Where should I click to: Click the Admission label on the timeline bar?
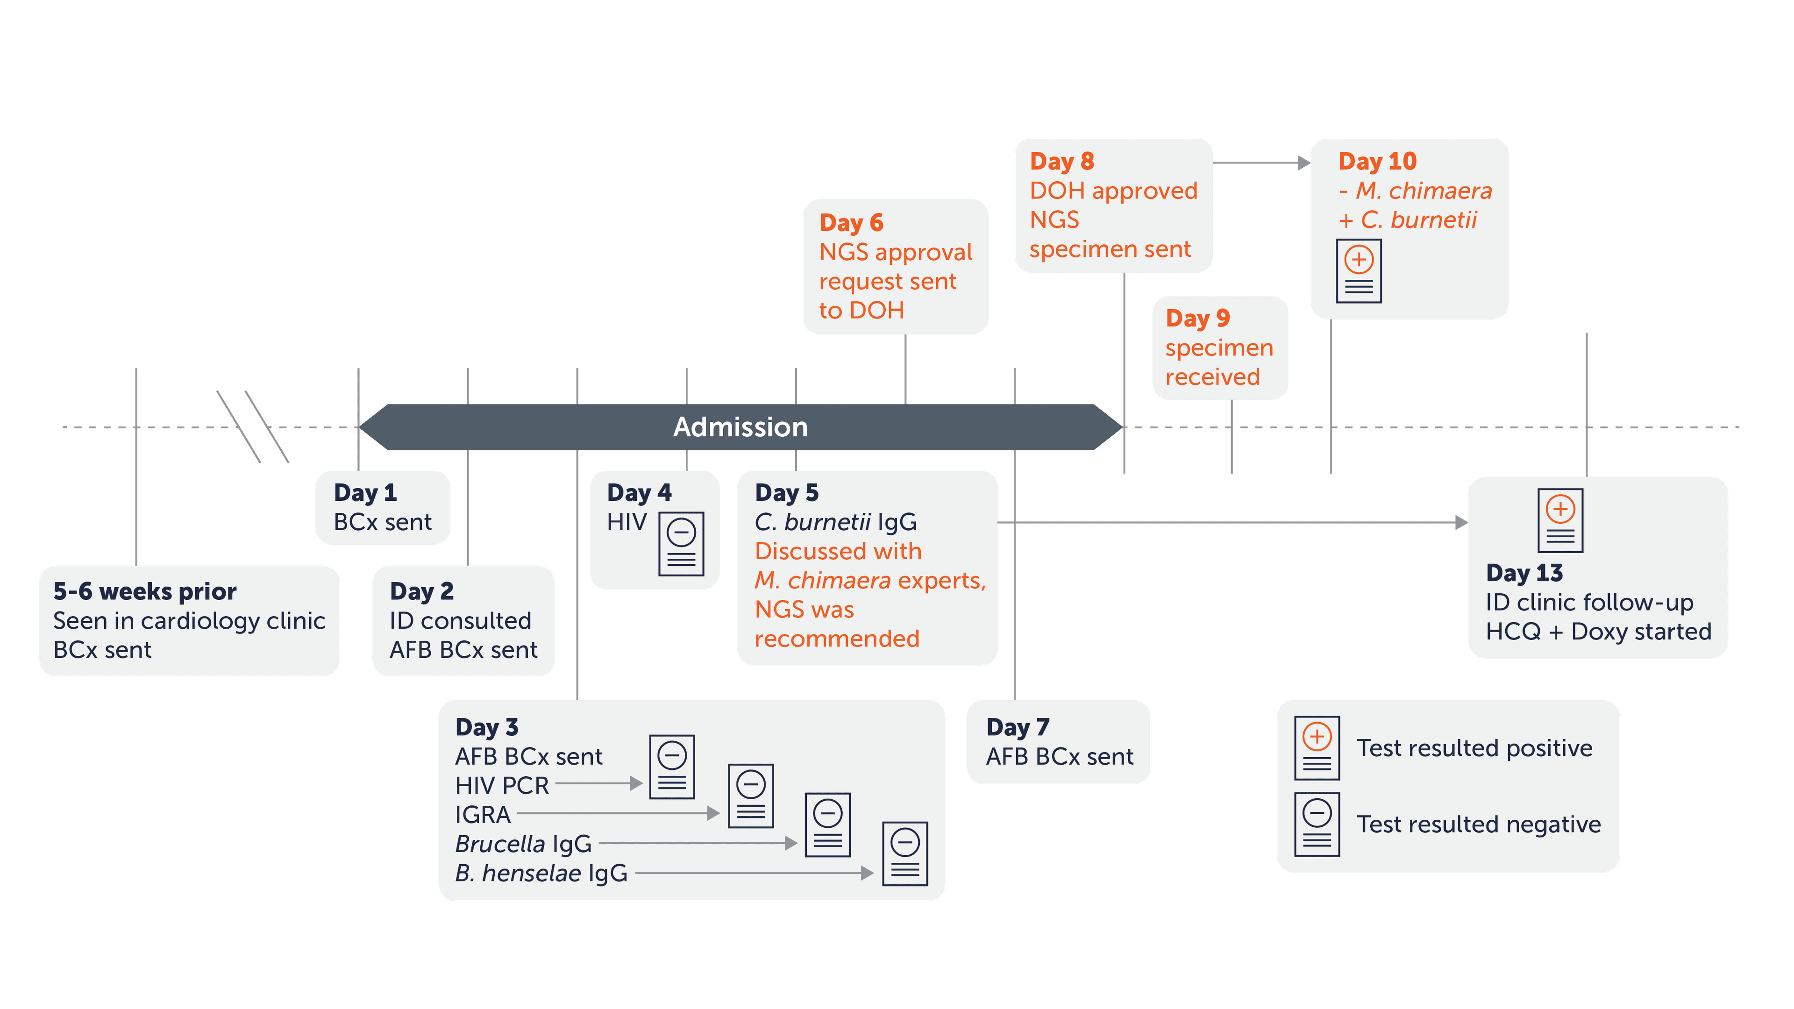coord(740,427)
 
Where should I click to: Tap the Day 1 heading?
coord(365,492)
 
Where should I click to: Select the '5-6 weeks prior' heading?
coord(145,591)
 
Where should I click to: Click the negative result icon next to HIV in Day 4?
coord(681,544)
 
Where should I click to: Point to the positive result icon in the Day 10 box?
coord(1359,271)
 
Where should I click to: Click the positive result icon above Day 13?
coord(1560,520)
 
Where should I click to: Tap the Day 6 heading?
coord(851,223)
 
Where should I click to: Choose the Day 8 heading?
coord(1062,162)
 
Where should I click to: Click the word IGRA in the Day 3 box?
coord(483,815)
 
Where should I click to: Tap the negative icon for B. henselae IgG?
coord(904,854)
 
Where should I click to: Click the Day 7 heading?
coord(1018,727)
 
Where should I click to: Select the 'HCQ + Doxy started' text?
coord(1598,632)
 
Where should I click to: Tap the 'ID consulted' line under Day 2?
coord(460,620)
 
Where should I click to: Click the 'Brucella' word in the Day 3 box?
coord(500,844)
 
